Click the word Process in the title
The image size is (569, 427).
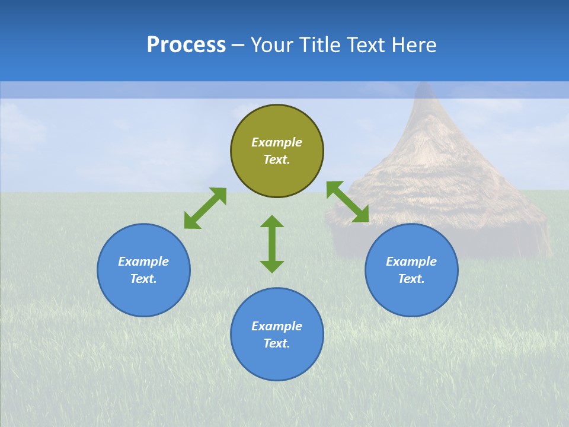(x=186, y=45)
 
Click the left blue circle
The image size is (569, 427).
(x=143, y=270)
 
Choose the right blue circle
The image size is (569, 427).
(x=411, y=270)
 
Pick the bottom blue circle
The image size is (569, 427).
(x=277, y=334)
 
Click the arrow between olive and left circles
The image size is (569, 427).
(x=205, y=208)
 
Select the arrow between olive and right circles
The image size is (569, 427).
(x=348, y=202)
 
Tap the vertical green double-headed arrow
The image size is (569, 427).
(x=272, y=244)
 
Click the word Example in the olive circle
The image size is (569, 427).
(x=277, y=142)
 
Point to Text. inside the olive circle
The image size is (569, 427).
(x=277, y=160)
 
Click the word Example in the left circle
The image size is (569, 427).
(x=143, y=262)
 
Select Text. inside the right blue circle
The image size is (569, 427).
(x=411, y=279)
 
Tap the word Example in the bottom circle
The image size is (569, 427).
(x=277, y=326)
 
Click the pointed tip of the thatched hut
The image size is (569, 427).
(x=423, y=86)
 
